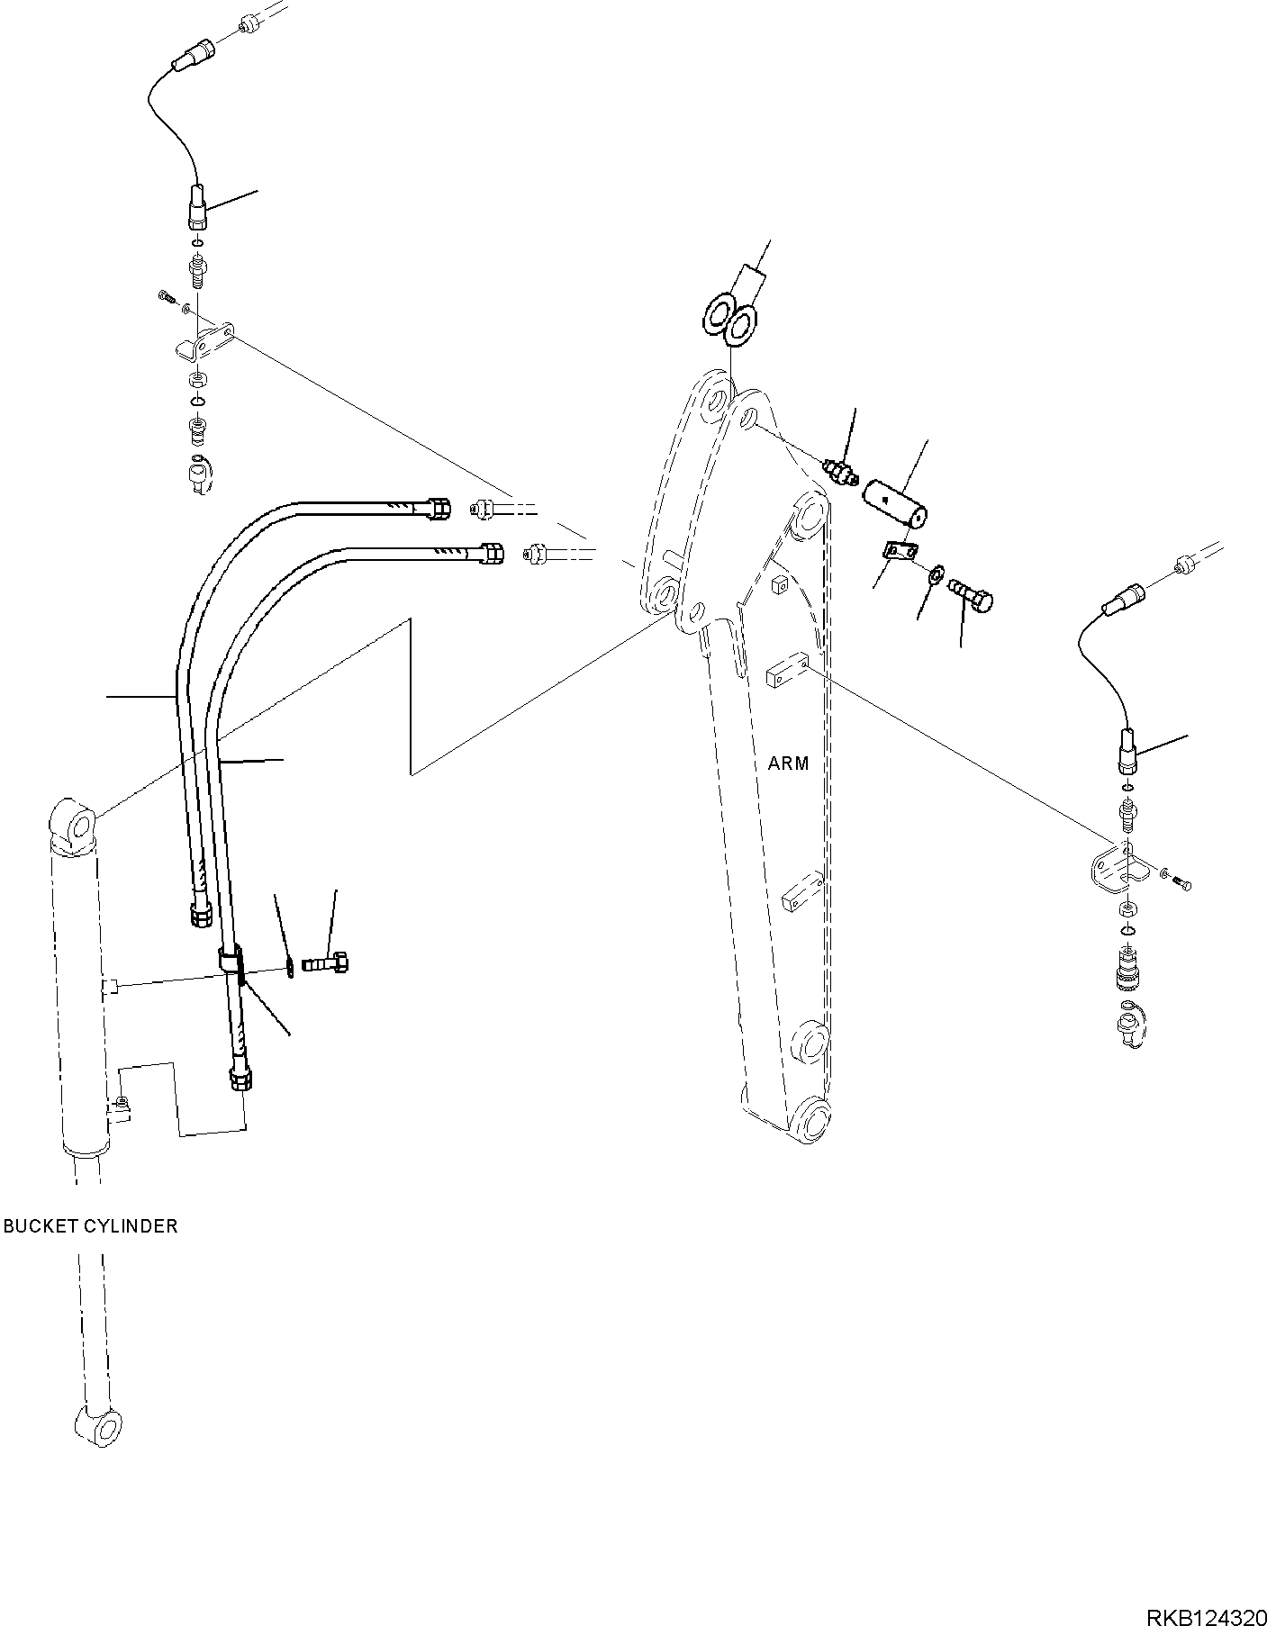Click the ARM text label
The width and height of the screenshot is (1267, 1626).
click(x=788, y=763)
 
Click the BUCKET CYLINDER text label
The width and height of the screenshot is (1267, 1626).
click(x=90, y=1226)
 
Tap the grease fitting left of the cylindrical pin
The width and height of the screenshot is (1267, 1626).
click(x=841, y=473)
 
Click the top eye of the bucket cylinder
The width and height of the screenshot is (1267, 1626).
click(x=77, y=823)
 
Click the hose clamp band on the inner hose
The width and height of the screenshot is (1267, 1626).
click(x=231, y=960)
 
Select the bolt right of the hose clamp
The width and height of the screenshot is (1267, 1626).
click(x=329, y=962)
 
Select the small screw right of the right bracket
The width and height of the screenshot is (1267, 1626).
click(x=1183, y=884)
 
